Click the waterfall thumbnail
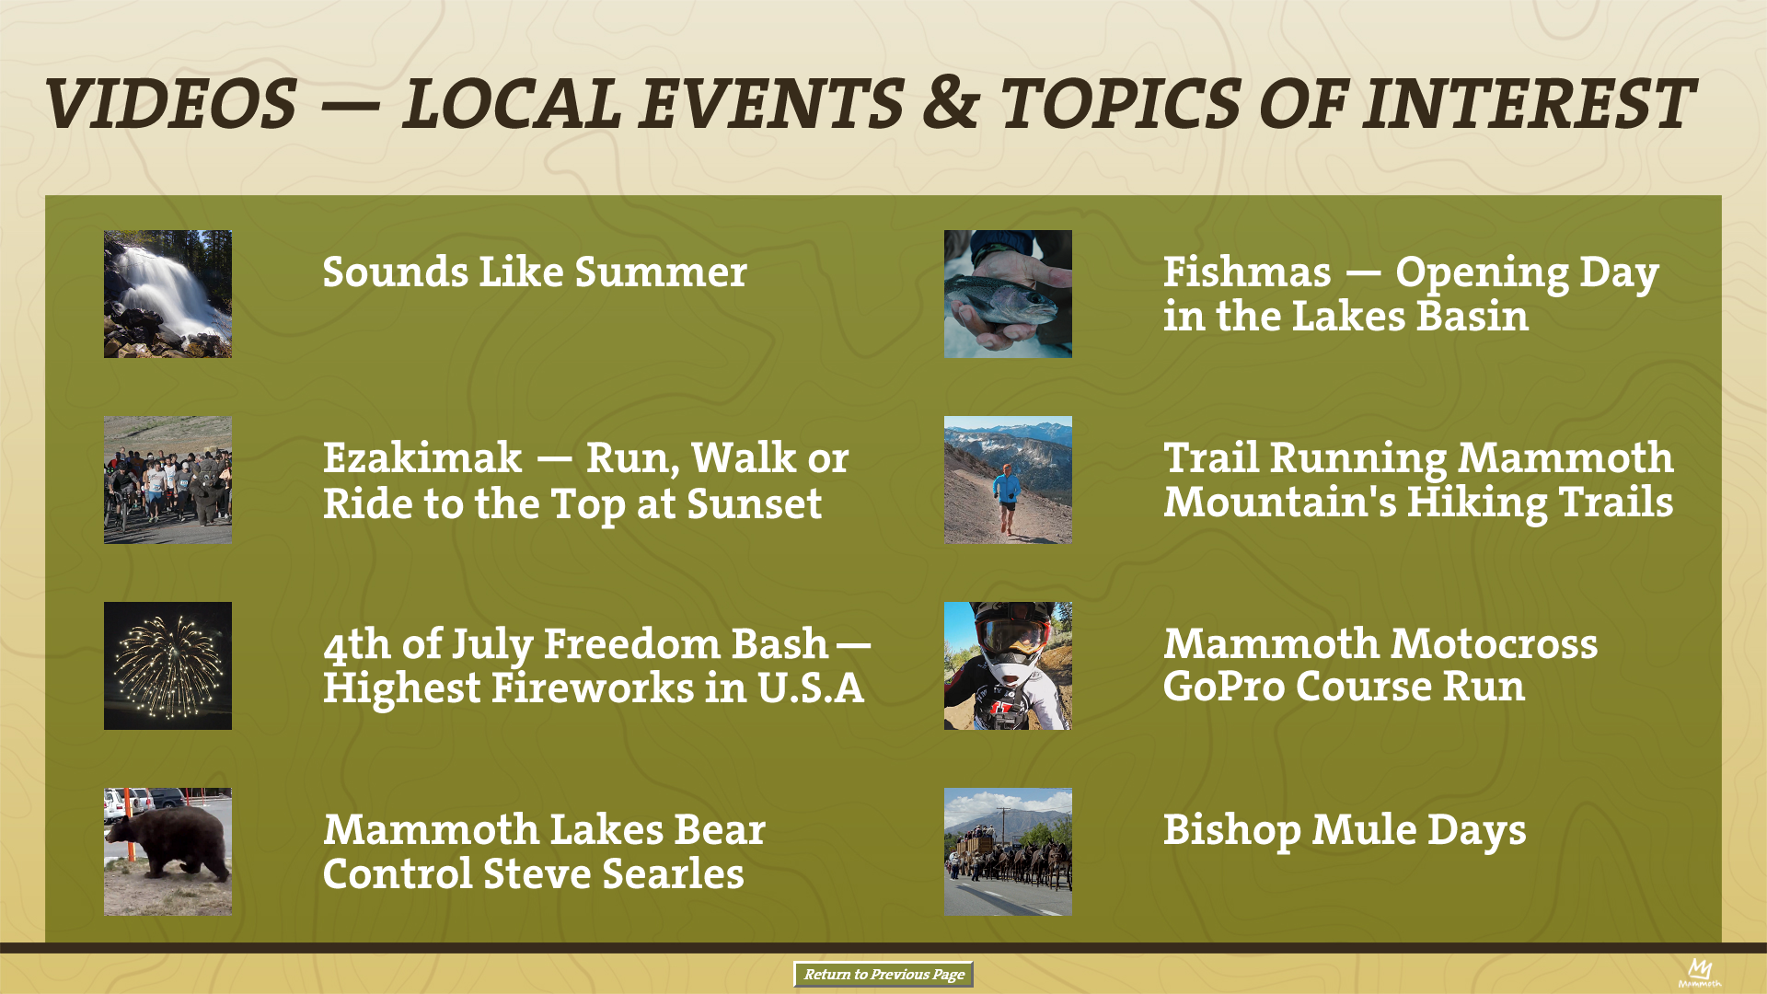coord(167,294)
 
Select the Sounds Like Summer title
coord(535,272)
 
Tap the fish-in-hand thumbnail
coord(1008,294)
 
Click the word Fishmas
coord(1247,272)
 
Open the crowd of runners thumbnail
coord(167,480)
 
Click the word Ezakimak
coord(422,457)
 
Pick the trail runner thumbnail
coord(1008,480)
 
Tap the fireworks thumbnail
coord(167,665)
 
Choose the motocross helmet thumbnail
coord(1008,665)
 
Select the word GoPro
coord(1224,687)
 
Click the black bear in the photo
coord(167,843)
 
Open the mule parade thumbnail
coord(1008,851)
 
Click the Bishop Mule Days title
coord(1345,830)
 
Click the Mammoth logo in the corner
coord(1699,973)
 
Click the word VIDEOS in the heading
coord(171,102)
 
